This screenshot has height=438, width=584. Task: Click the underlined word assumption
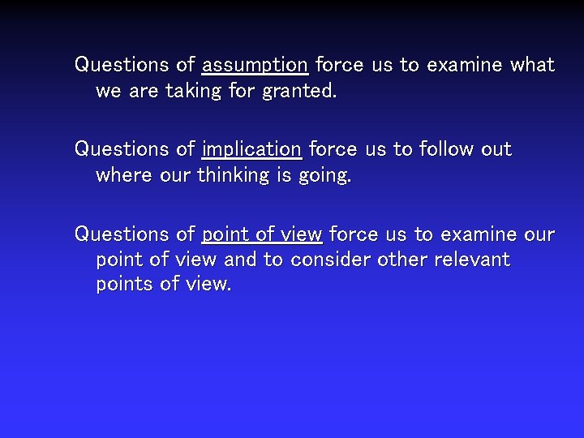click(255, 65)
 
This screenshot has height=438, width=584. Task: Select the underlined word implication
click(251, 149)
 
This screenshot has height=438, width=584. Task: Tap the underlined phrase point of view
click(262, 234)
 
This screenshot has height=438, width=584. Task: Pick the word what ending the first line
click(532, 65)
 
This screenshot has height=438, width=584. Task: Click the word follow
click(444, 149)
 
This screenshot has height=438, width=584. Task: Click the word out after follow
click(496, 149)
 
